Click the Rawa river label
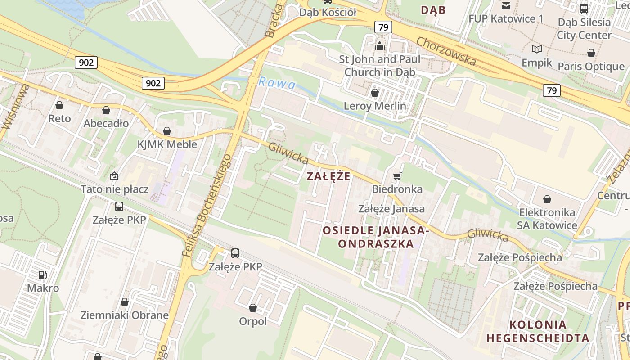277,84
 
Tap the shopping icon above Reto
59,105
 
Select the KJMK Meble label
167,144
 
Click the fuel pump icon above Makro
43,274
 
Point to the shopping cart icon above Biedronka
397,176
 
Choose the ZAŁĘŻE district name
328,176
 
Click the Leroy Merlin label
374,106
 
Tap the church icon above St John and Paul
380,46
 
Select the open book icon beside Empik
536,49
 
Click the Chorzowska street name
446,51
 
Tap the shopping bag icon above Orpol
253,308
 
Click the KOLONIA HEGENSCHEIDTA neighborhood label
538,331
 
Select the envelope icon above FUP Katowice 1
506,6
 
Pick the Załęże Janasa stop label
391,209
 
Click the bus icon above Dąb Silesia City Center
584,9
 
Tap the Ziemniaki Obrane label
125,315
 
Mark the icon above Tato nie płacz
114,176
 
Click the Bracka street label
275,21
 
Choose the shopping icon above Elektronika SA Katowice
547,199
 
